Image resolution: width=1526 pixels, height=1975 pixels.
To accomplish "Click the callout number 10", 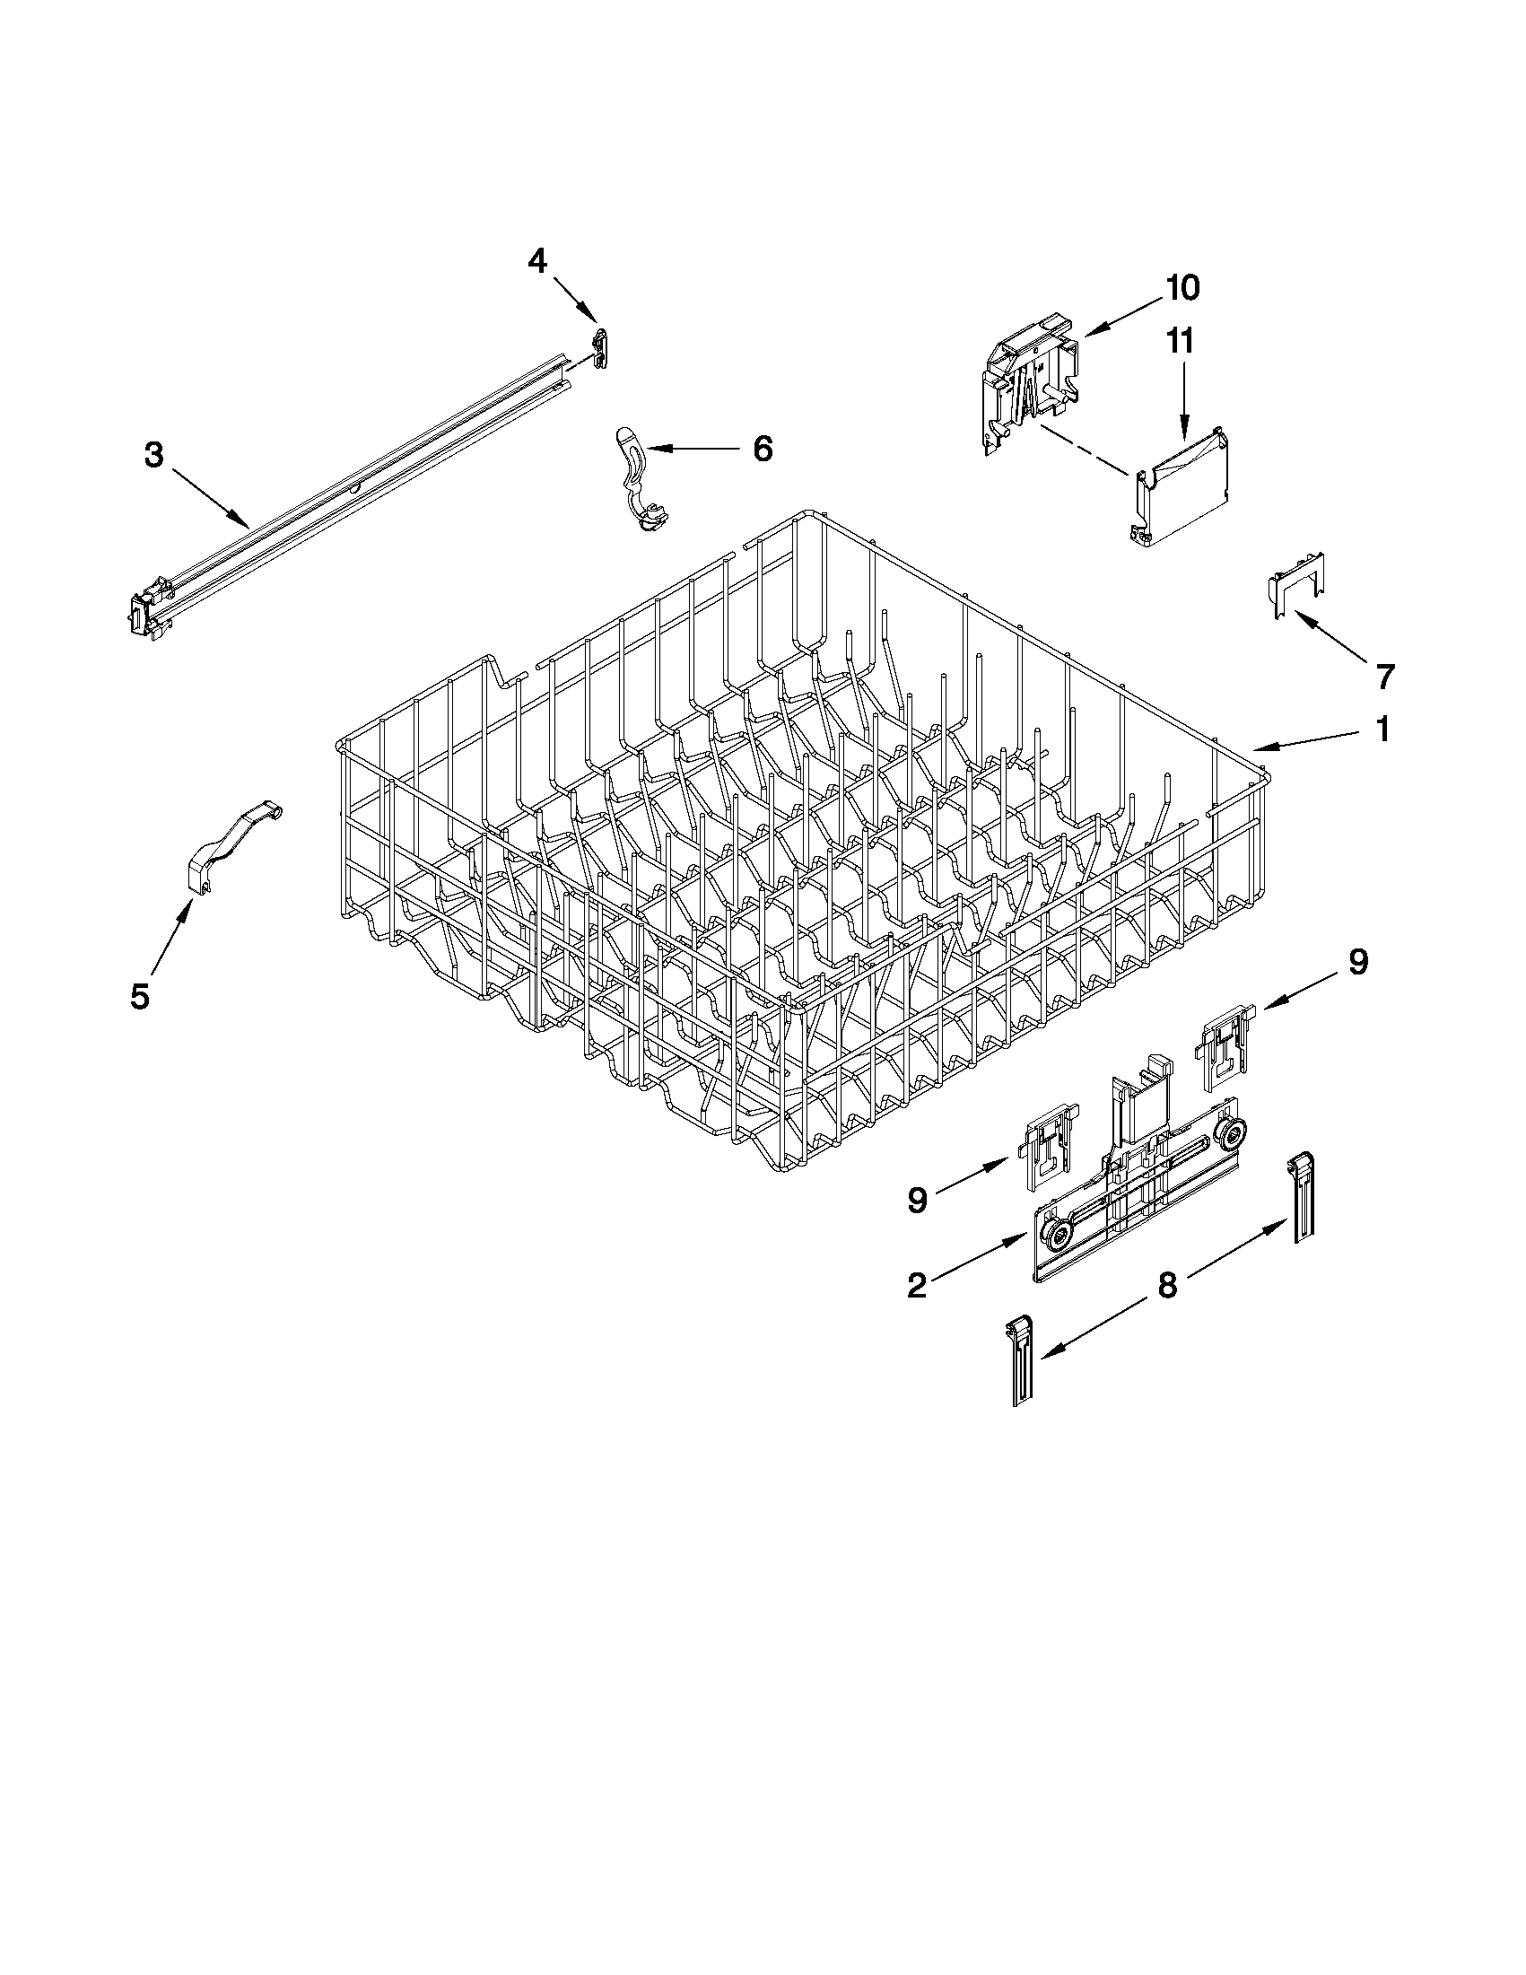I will tap(1182, 288).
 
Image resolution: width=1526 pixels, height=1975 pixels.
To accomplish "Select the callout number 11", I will tap(1180, 342).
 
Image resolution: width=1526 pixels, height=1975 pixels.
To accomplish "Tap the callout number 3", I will tap(153, 455).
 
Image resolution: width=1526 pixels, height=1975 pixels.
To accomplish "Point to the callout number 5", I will tap(139, 997).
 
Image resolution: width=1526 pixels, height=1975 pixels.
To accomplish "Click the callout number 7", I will tap(1384, 676).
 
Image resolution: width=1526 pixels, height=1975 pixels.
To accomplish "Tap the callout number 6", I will tap(762, 448).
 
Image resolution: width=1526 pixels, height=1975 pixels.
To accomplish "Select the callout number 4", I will tap(537, 261).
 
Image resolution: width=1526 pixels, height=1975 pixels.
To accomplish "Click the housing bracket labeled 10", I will tap(1031, 384).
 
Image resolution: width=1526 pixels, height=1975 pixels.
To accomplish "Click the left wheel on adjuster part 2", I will tap(1056, 1236).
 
